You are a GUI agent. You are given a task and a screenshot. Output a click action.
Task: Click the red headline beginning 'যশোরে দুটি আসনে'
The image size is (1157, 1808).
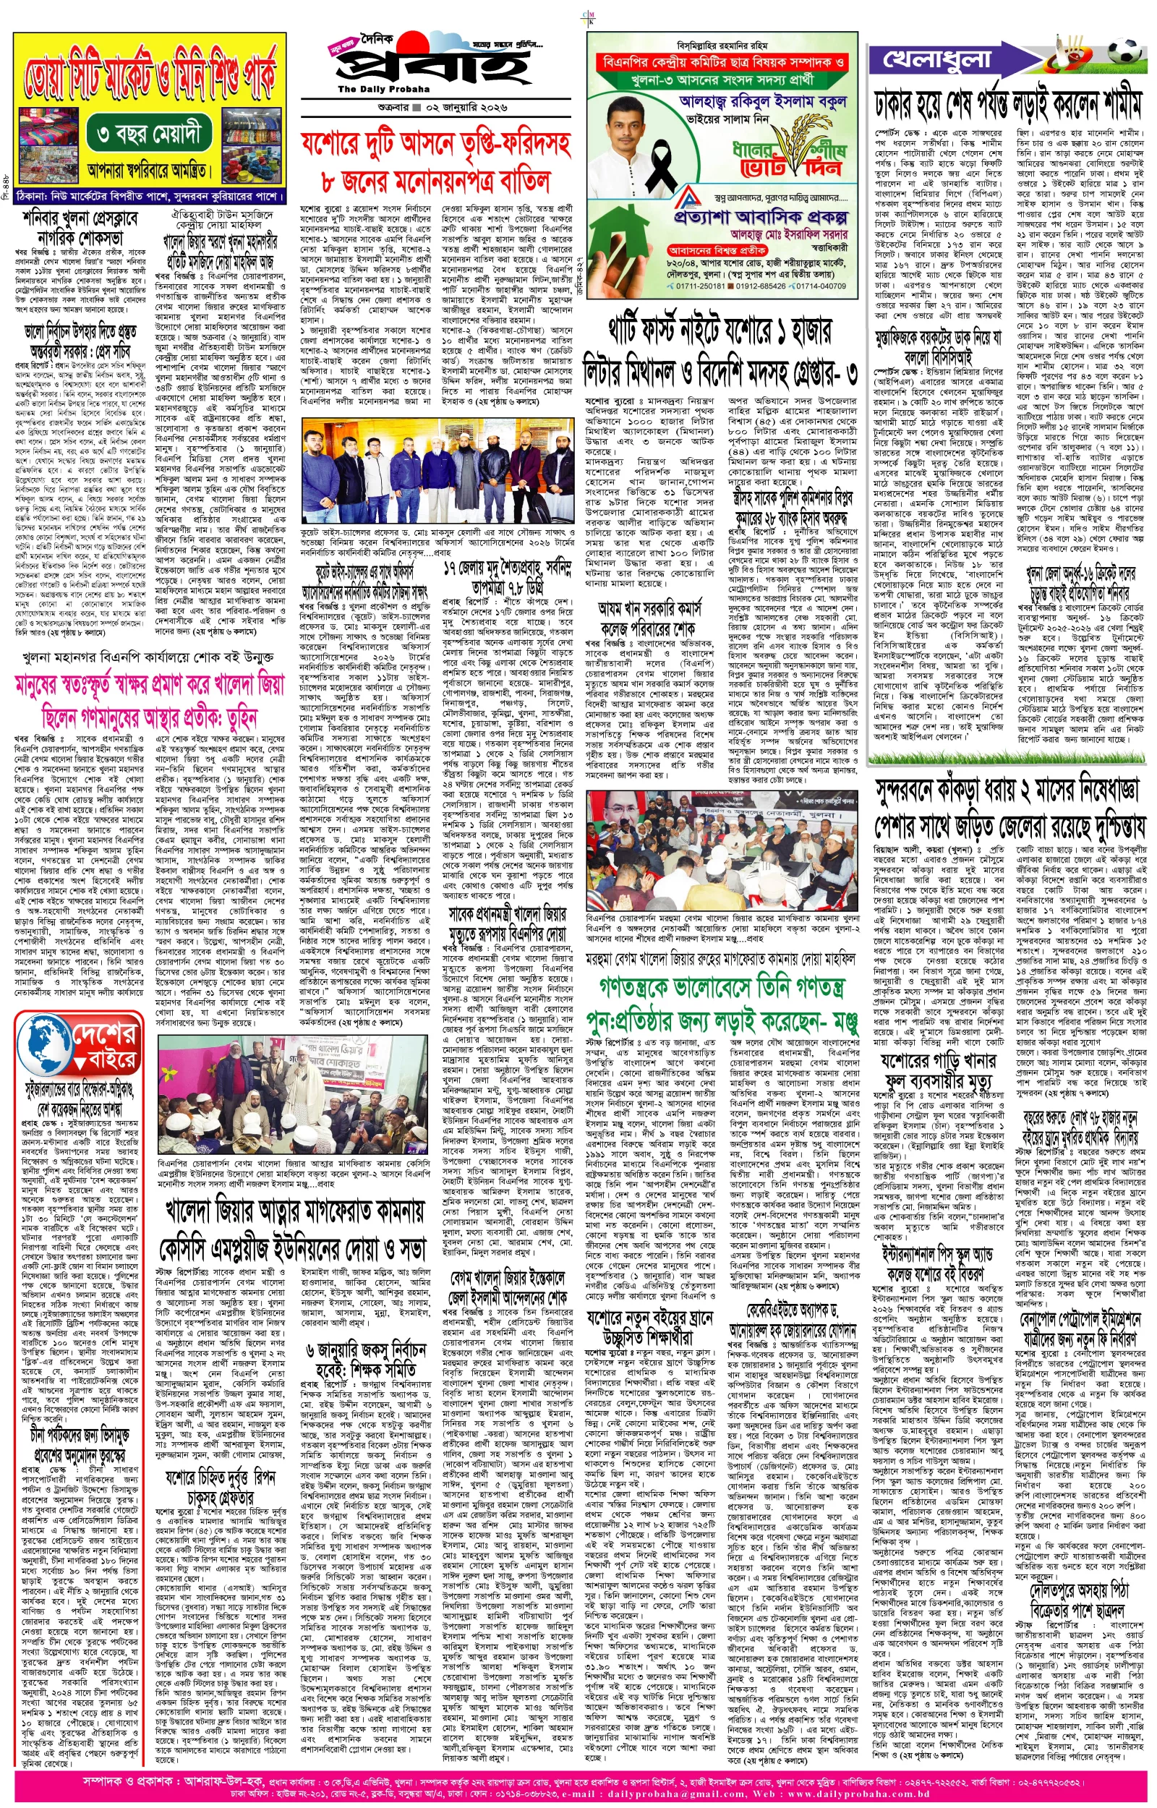point(436,142)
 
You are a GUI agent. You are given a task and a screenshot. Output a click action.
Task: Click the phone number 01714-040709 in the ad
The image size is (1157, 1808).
point(822,286)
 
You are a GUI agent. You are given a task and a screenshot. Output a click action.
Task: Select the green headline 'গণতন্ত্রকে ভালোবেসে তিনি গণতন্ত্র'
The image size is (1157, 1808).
point(722,986)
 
